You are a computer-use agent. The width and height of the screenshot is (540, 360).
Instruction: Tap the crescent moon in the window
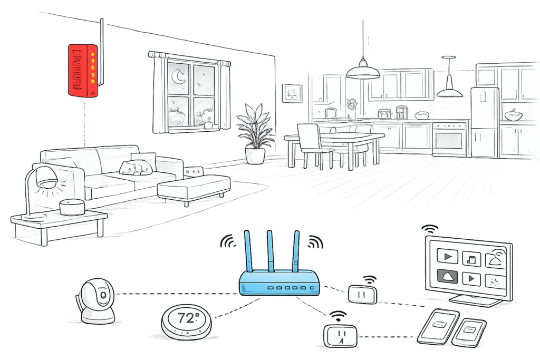point(180,78)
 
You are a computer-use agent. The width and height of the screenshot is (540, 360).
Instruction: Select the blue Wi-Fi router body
point(279,283)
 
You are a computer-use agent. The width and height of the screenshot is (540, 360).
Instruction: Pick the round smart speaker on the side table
point(72,206)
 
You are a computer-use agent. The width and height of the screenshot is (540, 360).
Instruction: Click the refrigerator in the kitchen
point(484,122)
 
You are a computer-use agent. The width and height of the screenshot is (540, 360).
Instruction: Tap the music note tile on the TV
point(471,258)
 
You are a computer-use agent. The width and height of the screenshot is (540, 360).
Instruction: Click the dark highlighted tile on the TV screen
point(447,277)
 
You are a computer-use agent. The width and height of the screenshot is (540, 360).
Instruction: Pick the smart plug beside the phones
point(340,334)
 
